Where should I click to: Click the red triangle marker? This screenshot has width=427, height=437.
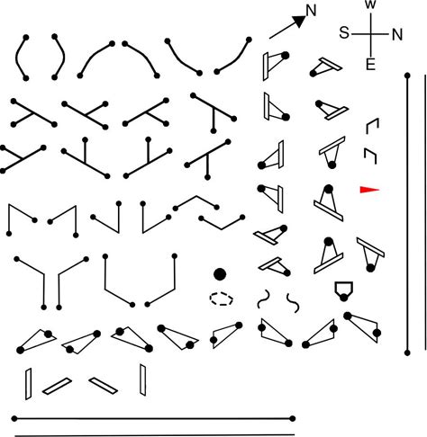pyautogui.click(x=369, y=190)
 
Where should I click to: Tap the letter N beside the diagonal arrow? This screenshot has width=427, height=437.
pyautogui.click(x=311, y=11)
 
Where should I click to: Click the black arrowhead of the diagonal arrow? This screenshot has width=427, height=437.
pyautogui.click(x=299, y=21)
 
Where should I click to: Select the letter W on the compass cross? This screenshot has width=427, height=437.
pyautogui.click(x=371, y=4)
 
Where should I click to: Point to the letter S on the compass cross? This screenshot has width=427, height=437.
pyautogui.click(x=344, y=32)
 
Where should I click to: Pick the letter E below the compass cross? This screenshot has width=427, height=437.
pyautogui.click(x=370, y=65)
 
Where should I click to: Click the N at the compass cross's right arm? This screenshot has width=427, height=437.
pyautogui.click(x=397, y=35)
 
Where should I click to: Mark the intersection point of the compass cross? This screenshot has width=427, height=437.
pyautogui.click(x=371, y=34)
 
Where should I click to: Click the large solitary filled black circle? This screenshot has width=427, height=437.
pyautogui.click(x=220, y=274)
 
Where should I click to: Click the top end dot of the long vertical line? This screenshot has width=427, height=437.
pyautogui.click(x=407, y=76)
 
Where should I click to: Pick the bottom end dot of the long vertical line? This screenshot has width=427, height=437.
pyautogui.click(x=407, y=352)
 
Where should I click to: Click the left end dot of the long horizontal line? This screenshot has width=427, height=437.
pyautogui.click(x=14, y=418)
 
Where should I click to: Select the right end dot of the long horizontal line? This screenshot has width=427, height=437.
pyautogui.click(x=293, y=418)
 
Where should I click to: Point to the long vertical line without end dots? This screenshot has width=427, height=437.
pyautogui.click(x=425, y=212)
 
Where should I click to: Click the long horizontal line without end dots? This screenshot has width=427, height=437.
pyautogui.click(x=155, y=435)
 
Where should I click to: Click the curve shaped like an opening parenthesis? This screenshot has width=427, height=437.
pyautogui.click(x=16, y=58)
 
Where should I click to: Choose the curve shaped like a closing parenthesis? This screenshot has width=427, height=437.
pyautogui.click(x=63, y=58)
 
